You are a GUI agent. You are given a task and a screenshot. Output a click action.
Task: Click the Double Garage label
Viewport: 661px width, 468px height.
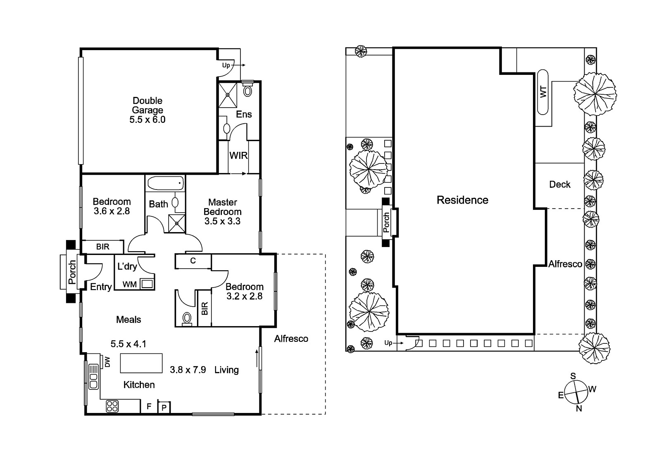(147, 105)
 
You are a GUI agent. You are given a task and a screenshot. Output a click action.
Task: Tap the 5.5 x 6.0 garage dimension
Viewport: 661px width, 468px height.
(147, 120)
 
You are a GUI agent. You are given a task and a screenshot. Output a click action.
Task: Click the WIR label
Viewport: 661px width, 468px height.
(238, 156)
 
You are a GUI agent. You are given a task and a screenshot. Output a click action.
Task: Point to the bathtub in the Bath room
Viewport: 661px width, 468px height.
(165, 183)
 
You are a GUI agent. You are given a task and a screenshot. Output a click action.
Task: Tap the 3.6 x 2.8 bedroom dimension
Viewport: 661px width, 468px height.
(112, 211)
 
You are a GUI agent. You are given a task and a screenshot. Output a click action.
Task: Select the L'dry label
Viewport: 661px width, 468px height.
(127, 266)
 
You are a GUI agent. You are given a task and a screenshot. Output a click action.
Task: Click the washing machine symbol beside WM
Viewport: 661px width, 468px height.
(147, 284)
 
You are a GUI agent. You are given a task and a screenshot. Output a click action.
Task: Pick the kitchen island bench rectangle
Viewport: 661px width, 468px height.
(141, 363)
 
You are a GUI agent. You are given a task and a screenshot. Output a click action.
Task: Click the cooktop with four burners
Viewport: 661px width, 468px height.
(112, 406)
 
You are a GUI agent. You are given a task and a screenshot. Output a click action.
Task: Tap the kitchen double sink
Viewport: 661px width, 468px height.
(93, 377)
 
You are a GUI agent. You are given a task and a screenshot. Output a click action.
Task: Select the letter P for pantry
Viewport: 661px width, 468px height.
(164, 408)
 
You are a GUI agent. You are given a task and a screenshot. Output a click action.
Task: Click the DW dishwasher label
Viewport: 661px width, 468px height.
(107, 362)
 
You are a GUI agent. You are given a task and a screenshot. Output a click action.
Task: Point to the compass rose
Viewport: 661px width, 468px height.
(576, 392)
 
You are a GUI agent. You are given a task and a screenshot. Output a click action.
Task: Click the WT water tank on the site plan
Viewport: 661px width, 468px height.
(543, 92)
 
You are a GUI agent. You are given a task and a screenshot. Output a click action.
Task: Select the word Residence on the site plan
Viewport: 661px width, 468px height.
(462, 200)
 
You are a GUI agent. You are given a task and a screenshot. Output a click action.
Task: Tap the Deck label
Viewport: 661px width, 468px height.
(560, 185)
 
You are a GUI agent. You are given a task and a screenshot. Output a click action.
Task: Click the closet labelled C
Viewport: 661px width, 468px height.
(193, 261)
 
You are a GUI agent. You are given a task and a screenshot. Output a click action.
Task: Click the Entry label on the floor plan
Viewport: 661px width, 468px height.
(101, 287)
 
